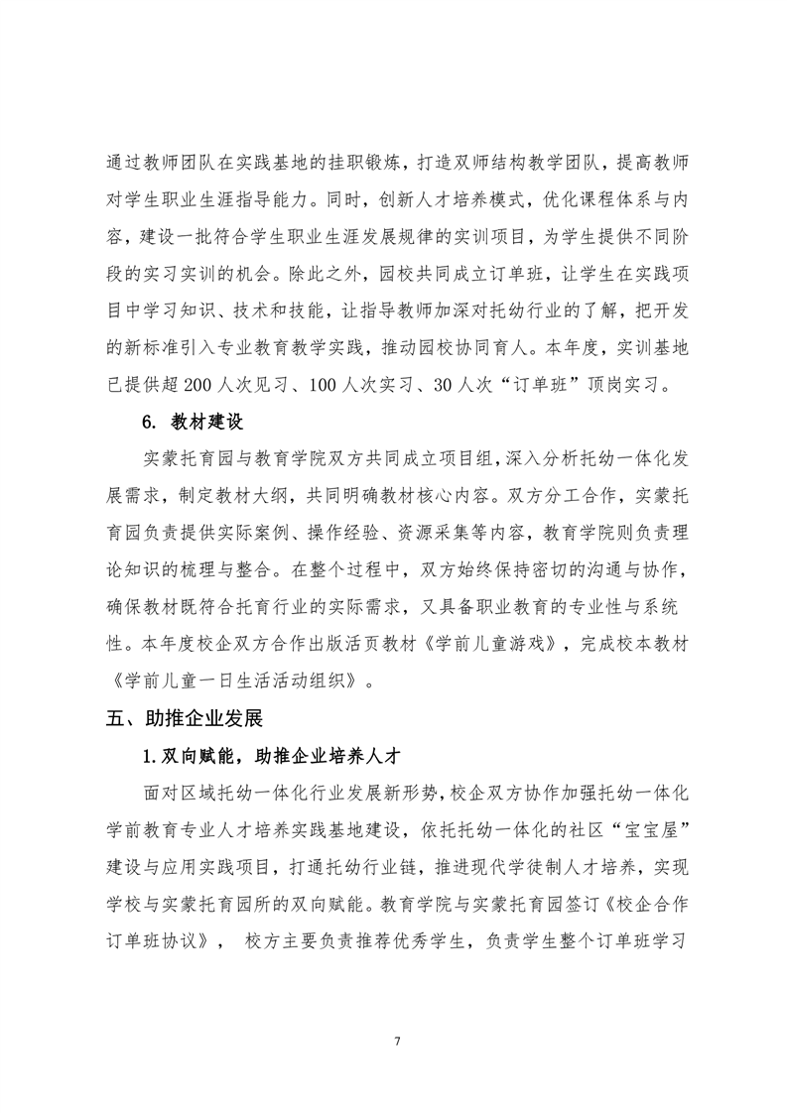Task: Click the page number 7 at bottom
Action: coord(396,1040)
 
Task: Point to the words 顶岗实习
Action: coord(615,384)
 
